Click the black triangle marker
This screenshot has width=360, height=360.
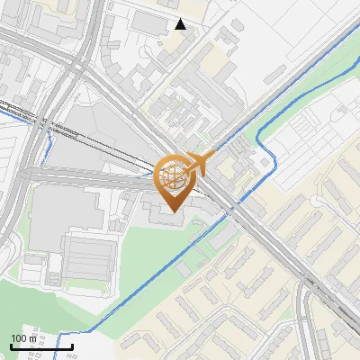pos(181,24)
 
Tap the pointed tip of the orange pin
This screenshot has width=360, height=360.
pos(172,212)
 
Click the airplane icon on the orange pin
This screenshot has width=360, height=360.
pos(199,163)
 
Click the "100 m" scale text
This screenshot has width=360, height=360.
pos(24,338)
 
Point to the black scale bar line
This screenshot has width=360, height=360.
pos(41,346)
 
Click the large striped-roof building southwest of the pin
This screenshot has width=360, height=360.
pos(86,256)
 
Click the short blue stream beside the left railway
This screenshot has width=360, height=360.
pos(50,144)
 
